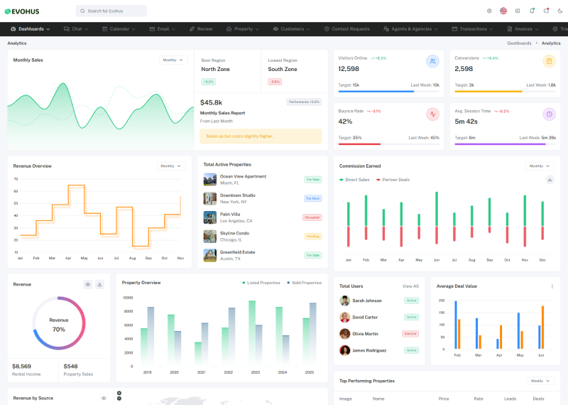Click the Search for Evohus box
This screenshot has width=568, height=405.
[x=111, y=11]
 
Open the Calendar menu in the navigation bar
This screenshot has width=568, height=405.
[x=119, y=29]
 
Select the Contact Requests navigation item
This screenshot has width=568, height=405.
[x=347, y=29]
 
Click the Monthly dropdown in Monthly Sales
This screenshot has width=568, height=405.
[x=173, y=60]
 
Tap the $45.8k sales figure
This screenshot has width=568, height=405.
[x=212, y=102]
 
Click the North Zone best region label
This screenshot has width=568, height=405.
[x=215, y=70]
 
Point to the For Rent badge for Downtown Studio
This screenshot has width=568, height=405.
[x=312, y=198]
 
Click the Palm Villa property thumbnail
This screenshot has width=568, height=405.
[x=209, y=217]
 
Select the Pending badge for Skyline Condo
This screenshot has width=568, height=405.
[x=312, y=236]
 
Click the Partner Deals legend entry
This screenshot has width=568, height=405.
[x=395, y=180]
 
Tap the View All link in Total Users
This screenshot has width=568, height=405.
[x=410, y=286]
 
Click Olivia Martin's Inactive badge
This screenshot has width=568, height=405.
[x=410, y=333]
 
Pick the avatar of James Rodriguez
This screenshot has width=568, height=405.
[x=344, y=350]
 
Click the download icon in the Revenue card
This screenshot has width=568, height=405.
[x=99, y=284]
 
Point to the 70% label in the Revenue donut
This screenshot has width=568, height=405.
[x=59, y=330]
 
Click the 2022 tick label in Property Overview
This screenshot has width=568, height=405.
[x=229, y=372]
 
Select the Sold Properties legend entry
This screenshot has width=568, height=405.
[x=304, y=283]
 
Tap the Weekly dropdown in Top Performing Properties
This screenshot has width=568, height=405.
[x=539, y=381]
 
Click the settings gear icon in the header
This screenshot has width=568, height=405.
[x=489, y=11]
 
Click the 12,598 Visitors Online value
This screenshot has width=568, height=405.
[x=349, y=69]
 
